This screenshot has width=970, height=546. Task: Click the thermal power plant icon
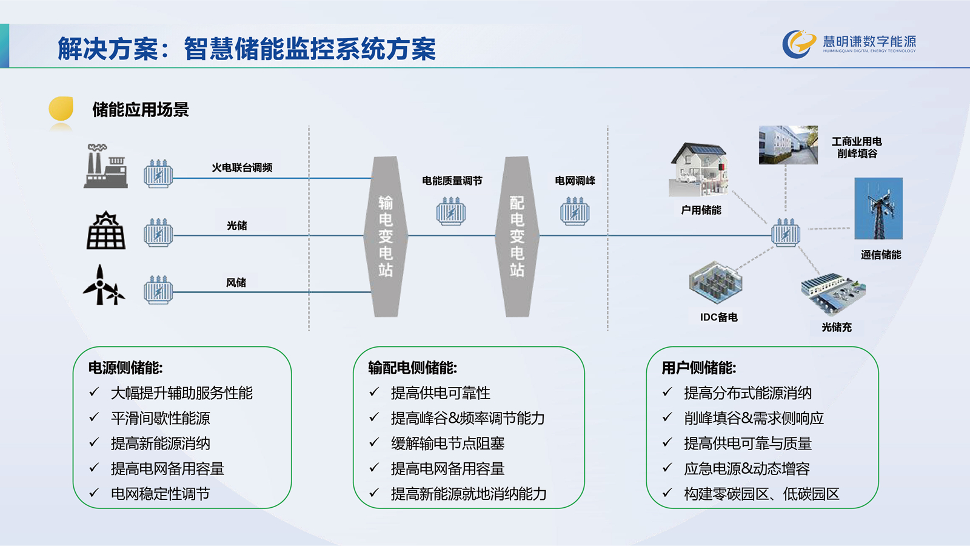pos(105,166)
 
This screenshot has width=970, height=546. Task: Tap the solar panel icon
pos(106,230)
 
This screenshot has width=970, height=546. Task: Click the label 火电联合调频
pos(242,167)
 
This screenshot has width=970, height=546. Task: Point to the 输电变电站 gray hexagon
pos(386,237)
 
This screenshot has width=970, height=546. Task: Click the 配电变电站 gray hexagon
pos(517,237)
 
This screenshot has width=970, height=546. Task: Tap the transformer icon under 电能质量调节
pos(451,211)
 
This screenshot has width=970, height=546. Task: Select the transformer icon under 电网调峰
pos(575,211)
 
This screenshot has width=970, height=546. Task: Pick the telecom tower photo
pos(878,209)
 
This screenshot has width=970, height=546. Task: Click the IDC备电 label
pos(719,317)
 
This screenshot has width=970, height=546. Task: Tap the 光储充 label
pos(837,327)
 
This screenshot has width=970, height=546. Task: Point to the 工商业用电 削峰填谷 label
pos(857,147)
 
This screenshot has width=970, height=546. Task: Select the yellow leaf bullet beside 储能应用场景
pos(61,109)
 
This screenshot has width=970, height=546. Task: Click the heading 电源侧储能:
pos(125,368)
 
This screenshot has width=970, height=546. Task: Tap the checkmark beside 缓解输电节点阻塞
pos(375,442)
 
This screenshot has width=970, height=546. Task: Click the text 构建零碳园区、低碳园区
pos(761,494)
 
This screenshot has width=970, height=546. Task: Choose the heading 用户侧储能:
pos(699,368)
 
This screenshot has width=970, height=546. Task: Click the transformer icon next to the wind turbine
pos(158,289)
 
